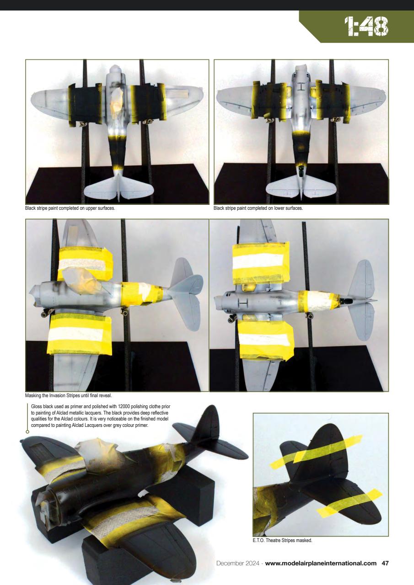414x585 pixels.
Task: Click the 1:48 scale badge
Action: coord(366,27)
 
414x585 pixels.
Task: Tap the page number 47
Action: coord(385,564)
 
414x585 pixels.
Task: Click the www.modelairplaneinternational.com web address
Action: coord(321,564)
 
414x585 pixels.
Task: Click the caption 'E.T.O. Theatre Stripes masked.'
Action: coord(279,540)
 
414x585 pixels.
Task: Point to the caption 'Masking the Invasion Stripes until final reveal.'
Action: coord(68,395)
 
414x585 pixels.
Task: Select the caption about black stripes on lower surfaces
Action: coord(258,208)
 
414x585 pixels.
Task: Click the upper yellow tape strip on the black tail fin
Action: coord(316,451)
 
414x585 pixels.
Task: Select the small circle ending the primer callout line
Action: coord(27,431)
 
